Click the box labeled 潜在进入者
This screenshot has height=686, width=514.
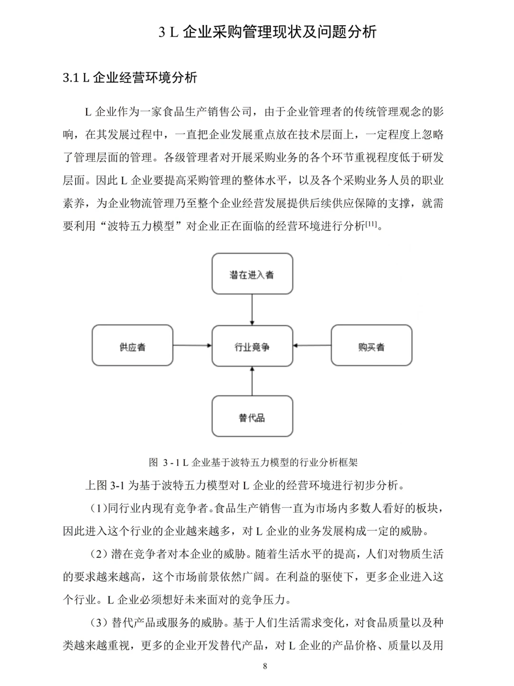click(x=252, y=274)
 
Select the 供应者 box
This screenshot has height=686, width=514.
click(x=132, y=346)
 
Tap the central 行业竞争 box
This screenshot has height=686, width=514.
click(x=252, y=346)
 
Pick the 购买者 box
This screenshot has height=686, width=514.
click(x=371, y=346)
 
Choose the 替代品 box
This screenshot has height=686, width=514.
click(x=252, y=417)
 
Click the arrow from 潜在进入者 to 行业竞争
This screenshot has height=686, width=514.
click(x=252, y=310)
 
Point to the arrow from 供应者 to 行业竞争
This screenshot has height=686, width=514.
click(x=192, y=346)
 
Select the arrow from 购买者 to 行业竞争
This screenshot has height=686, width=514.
click(x=312, y=346)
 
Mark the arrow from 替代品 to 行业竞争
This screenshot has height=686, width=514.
click(x=252, y=381)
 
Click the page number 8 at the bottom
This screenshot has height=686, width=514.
click(x=265, y=666)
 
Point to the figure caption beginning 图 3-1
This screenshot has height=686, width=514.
click(x=253, y=462)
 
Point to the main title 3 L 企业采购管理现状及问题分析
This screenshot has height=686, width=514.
click(x=267, y=32)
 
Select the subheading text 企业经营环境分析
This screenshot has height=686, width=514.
click(x=145, y=78)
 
